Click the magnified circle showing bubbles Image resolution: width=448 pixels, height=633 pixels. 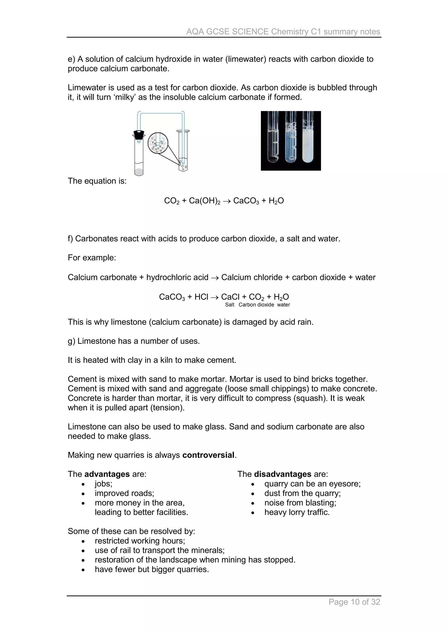[x=158, y=143]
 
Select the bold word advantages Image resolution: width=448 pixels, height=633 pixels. [x=107, y=474]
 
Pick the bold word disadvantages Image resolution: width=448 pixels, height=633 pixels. [x=282, y=474]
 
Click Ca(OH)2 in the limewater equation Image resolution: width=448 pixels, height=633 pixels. [x=204, y=201]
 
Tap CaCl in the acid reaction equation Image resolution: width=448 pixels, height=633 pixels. [x=230, y=297]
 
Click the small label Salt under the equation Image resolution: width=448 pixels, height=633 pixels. [x=229, y=305]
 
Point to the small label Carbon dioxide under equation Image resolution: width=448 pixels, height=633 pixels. [x=256, y=305]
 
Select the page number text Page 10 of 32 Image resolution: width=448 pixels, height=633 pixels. [x=354, y=602]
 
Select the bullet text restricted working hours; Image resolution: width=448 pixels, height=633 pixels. [x=140, y=541]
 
